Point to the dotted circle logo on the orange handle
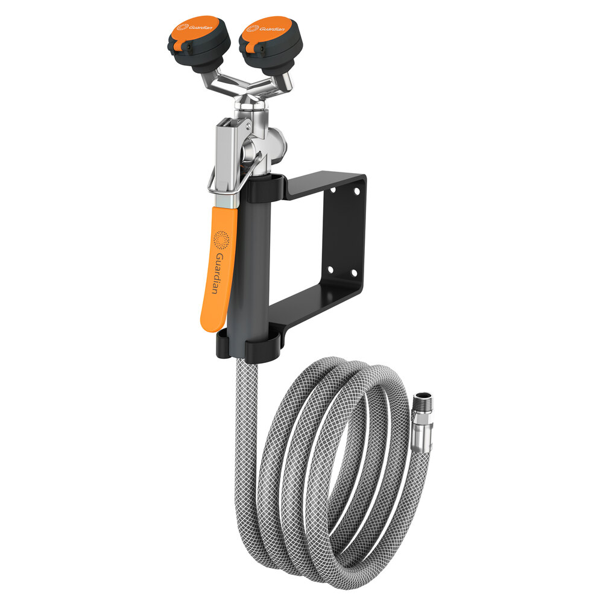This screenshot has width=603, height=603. (223, 241)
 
